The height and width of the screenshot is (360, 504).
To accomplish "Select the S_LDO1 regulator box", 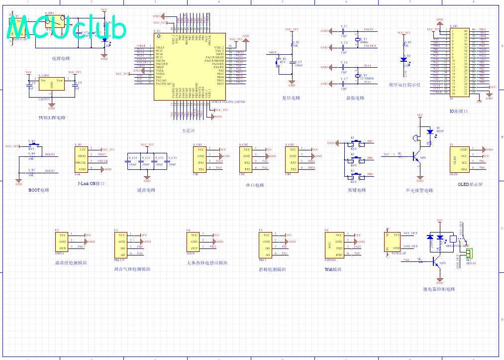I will coord(52,84).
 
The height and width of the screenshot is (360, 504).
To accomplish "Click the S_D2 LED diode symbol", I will coord(403,59).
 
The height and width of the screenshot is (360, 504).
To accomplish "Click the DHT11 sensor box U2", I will coord(62,241).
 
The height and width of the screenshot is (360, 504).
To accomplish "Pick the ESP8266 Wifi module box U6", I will coord(333,244).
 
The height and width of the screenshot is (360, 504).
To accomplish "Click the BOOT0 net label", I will coord(50,155).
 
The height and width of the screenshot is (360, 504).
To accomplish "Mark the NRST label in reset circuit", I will coord(272,52).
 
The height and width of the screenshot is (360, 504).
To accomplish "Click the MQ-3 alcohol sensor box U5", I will coord(266,244).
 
